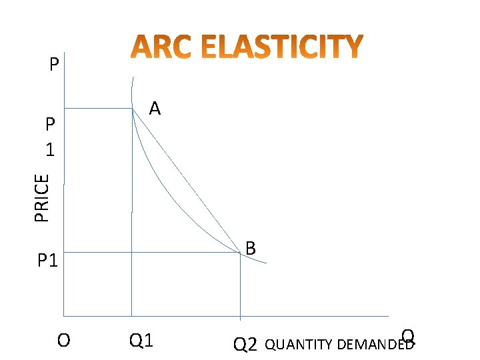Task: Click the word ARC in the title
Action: click(156, 47)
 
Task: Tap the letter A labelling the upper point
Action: click(155, 107)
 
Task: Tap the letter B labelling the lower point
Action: click(250, 248)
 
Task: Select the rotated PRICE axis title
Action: click(42, 197)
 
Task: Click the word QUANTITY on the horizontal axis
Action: click(300, 345)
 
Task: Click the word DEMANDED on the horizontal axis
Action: click(375, 345)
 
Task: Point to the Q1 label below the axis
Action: click(141, 341)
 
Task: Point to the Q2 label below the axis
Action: click(245, 344)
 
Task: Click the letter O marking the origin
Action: click(63, 341)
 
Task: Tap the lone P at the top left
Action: click(54, 65)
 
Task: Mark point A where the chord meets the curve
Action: click(133, 108)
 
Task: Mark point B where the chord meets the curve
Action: click(240, 252)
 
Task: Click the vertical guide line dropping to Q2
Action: click(240, 287)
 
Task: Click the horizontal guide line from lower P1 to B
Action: click(153, 252)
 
